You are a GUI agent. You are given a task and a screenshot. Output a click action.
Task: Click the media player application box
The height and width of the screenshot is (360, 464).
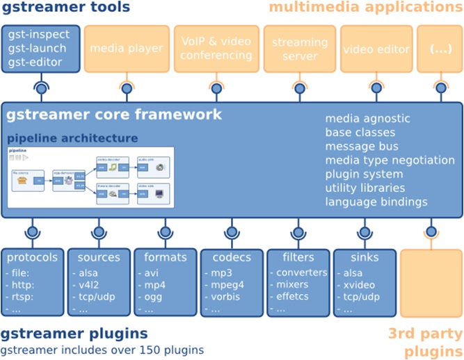pos(127,49)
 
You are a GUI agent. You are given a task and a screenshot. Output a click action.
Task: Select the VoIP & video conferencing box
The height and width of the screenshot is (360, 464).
pos(216,49)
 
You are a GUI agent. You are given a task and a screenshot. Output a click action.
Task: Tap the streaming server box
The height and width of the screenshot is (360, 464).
pos(300,49)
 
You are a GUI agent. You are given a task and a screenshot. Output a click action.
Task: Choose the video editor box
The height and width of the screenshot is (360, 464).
pos(376,49)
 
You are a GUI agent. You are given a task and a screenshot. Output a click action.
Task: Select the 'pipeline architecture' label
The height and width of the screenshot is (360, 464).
pos(72,138)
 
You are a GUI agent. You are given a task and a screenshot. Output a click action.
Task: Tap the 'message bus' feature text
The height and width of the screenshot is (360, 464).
pos(362,146)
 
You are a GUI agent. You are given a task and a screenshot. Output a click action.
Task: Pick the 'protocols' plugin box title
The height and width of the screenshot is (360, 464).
pos(32,257)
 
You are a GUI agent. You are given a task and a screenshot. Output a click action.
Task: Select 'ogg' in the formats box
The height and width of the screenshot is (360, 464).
pos(152,297)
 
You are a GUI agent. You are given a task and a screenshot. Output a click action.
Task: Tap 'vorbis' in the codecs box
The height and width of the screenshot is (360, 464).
pos(226,297)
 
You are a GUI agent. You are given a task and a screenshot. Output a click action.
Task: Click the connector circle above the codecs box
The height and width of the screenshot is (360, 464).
pos(232,231)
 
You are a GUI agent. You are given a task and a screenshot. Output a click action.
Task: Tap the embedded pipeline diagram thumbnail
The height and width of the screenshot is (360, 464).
pos(90,178)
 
